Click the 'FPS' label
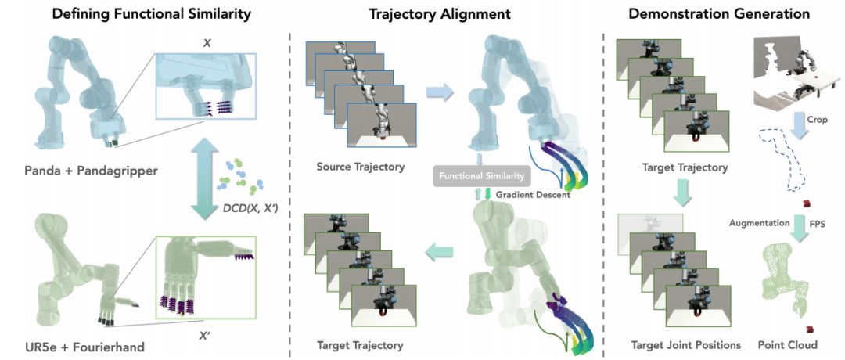point(818,223)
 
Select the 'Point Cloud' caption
point(787,344)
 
